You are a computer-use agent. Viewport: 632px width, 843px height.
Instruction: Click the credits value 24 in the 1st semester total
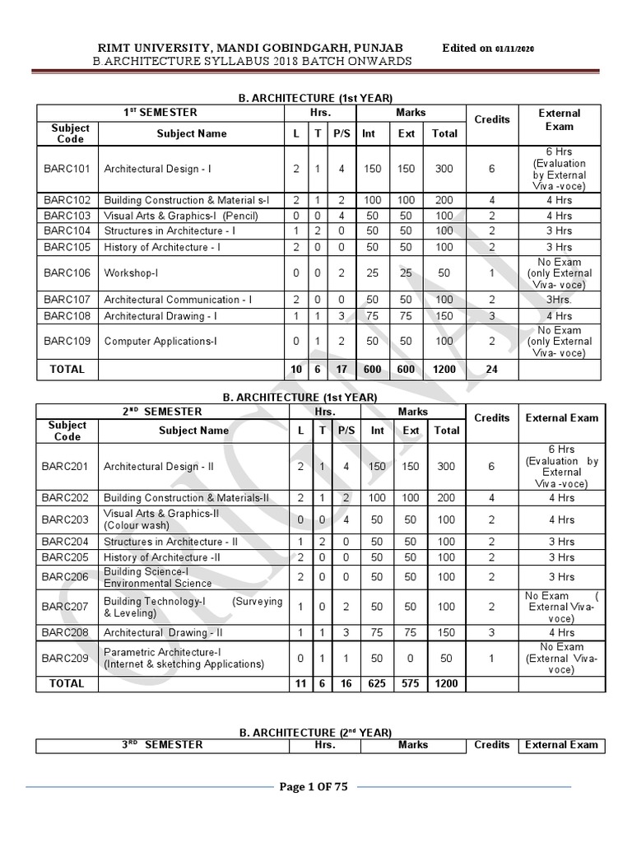pyautogui.click(x=491, y=370)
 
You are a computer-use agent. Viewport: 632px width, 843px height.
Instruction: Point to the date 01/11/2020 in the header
pyautogui.click(x=515, y=49)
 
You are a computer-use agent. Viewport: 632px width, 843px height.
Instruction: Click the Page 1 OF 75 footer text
pyautogui.click(x=314, y=787)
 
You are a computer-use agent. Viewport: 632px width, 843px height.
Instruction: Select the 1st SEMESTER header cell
pyautogui.click(x=160, y=112)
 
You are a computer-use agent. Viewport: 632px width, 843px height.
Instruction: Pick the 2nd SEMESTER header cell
pyautogui.click(x=160, y=411)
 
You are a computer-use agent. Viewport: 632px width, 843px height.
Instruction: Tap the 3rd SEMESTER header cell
pyautogui.click(x=160, y=745)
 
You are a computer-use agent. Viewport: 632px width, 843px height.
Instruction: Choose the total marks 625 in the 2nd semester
pyautogui.click(x=377, y=683)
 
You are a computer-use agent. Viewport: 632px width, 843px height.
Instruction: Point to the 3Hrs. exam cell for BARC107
pyautogui.click(x=560, y=300)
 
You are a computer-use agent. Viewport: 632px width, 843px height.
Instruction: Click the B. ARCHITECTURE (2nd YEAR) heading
pyautogui.click(x=314, y=732)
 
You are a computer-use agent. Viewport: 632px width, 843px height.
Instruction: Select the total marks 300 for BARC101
pyautogui.click(x=444, y=169)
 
